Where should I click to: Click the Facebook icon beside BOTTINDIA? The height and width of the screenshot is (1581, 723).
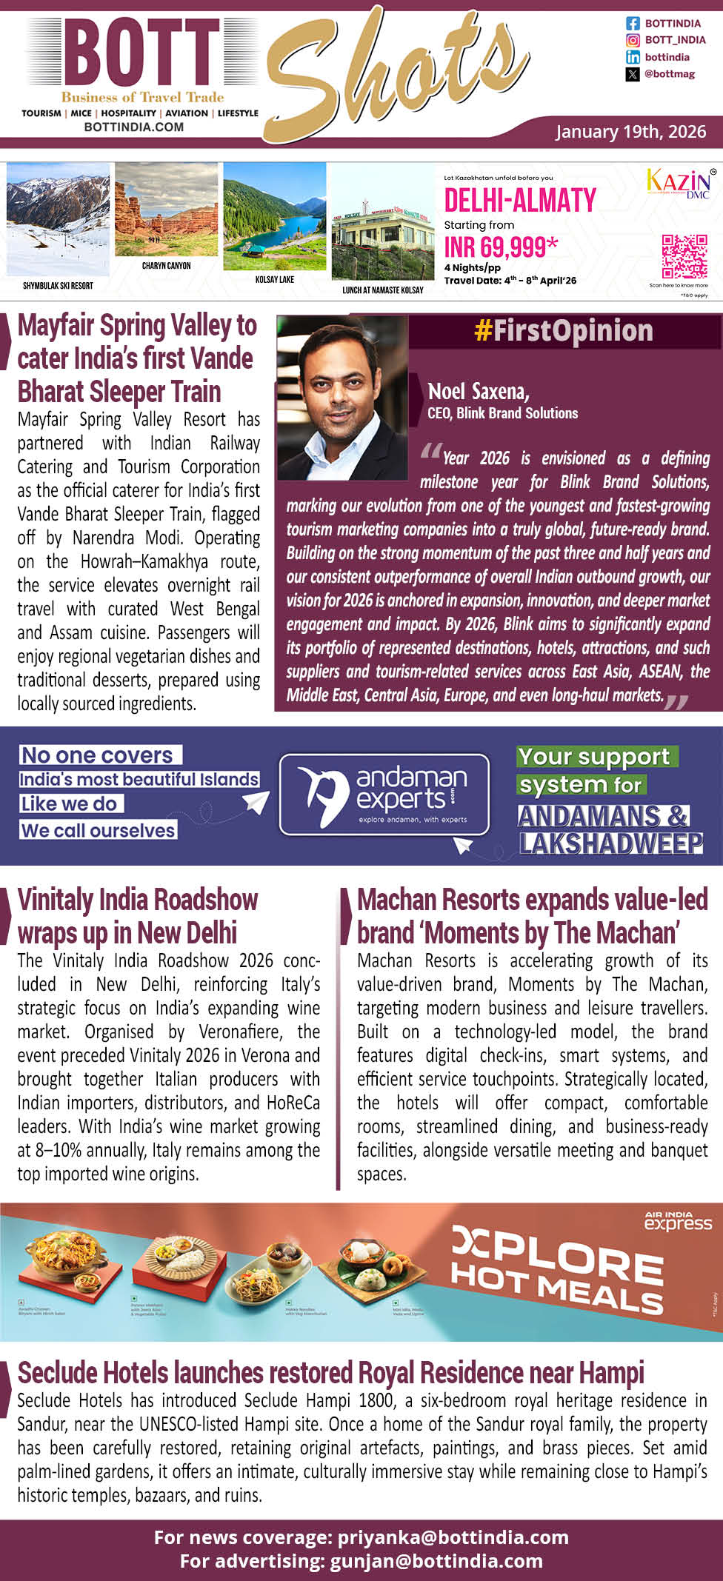pos(633,24)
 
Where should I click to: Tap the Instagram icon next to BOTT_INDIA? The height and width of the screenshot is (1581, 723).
pos(633,40)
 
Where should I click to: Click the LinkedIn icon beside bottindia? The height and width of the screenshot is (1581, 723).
pos(633,57)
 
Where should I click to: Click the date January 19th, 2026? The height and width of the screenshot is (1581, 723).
pos(630,132)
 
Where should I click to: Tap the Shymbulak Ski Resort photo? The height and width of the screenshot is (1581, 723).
pos(58,219)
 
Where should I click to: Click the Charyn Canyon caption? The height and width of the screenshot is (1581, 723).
pos(166,265)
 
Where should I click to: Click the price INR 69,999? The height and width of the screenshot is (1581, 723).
pos(501,247)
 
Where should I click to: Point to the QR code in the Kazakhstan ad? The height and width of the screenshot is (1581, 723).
pos(684,256)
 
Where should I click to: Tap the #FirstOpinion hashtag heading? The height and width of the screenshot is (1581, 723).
pos(563,331)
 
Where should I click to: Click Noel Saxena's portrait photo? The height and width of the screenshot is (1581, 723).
pos(341,397)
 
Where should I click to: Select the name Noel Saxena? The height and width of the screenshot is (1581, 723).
pos(478,391)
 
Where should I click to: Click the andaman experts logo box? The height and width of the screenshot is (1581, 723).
pos(384,794)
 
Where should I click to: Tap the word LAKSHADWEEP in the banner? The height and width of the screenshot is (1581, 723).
pos(610,843)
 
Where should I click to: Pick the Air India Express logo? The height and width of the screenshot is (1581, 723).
pos(677,1221)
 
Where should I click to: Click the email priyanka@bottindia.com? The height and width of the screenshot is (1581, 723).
pos(453,1537)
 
